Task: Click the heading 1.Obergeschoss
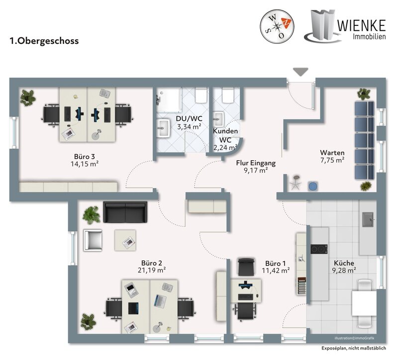point(44,41)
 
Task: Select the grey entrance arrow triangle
point(300,72)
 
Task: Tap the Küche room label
point(345,262)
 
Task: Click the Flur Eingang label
point(255,162)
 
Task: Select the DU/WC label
point(189,119)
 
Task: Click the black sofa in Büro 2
point(125,213)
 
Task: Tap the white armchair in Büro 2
point(93,240)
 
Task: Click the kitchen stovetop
point(318,249)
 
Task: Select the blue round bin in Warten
point(313,186)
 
